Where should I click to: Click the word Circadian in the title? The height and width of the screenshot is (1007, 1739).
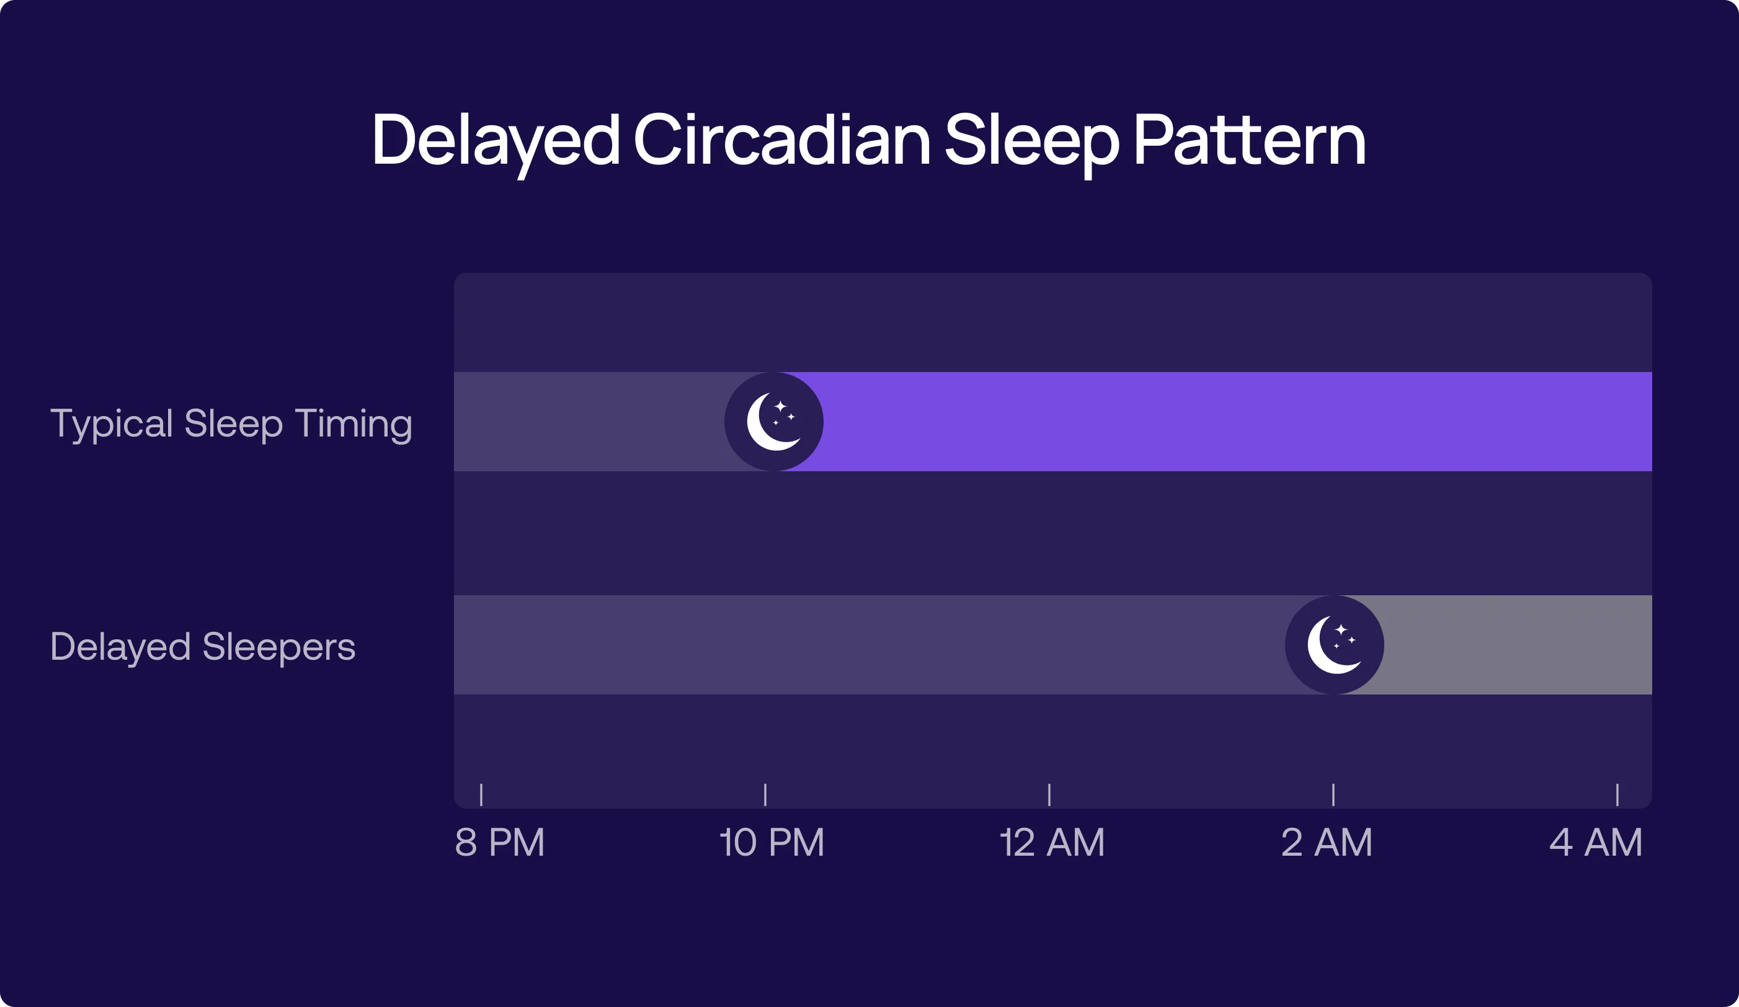(782, 140)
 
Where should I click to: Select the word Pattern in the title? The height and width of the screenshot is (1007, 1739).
(1249, 140)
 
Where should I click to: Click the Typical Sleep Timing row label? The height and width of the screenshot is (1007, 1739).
(231, 424)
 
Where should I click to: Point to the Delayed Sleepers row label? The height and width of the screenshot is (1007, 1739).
(203, 646)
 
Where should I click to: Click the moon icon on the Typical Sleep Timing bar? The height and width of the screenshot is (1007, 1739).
(773, 422)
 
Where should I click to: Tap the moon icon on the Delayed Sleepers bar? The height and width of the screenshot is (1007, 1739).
(1334, 645)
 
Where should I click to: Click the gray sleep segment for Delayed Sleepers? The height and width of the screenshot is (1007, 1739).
(1518, 645)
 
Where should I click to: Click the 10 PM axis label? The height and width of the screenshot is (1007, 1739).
(772, 842)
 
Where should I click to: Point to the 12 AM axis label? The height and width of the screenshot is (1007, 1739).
(1052, 842)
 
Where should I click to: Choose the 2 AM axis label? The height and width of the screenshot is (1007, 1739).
(1327, 842)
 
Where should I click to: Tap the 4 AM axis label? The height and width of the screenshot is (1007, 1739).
(1596, 842)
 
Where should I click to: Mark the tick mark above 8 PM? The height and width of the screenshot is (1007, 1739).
(481, 794)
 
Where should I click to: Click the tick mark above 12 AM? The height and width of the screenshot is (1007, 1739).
(1049, 794)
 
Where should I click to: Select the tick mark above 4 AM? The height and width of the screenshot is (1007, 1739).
(1617, 794)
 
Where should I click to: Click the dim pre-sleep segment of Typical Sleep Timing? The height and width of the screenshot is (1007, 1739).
(587, 422)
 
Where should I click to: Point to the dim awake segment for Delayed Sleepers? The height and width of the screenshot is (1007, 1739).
(863, 645)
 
